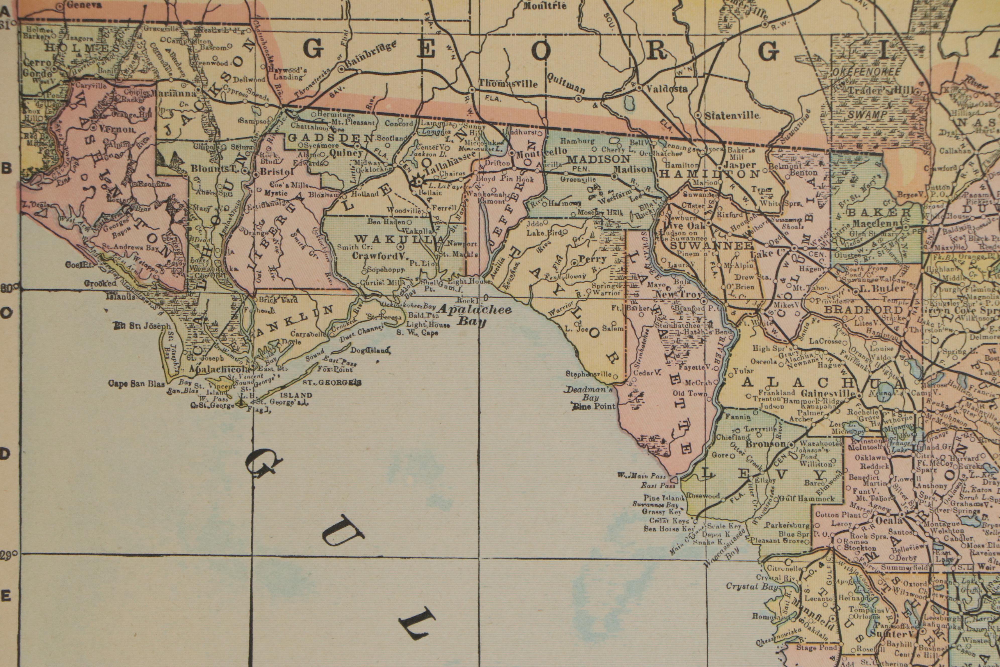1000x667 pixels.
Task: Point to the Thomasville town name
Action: (509, 84)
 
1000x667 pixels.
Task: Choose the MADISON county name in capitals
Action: (598, 159)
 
